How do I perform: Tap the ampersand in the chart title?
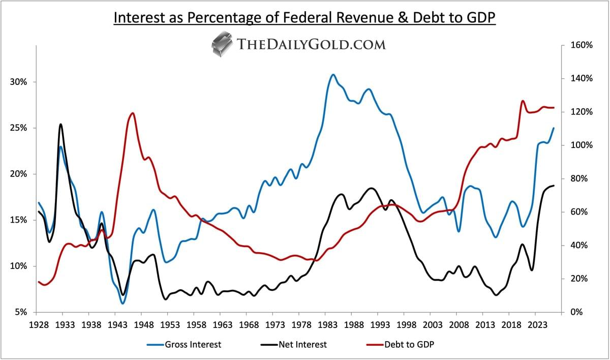(403, 17)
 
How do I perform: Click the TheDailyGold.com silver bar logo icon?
(222, 44)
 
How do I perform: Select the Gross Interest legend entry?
(185, 344)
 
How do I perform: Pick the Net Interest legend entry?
(294, 344)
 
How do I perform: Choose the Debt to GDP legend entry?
(401, 344)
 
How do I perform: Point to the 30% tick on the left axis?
(18, 82)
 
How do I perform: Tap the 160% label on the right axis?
(581, 45)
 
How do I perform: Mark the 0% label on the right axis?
(576, 312)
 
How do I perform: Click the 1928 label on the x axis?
(39, 325)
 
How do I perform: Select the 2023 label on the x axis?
(535, 325)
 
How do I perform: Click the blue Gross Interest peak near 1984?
(333, 74)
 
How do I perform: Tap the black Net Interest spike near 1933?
(60, 125)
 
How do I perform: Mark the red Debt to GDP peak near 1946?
(133, 113)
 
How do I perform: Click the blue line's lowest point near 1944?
(123, 303)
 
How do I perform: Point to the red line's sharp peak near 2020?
(523, 101)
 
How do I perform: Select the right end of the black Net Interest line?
(554, 186)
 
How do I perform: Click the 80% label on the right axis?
(578, 178)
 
